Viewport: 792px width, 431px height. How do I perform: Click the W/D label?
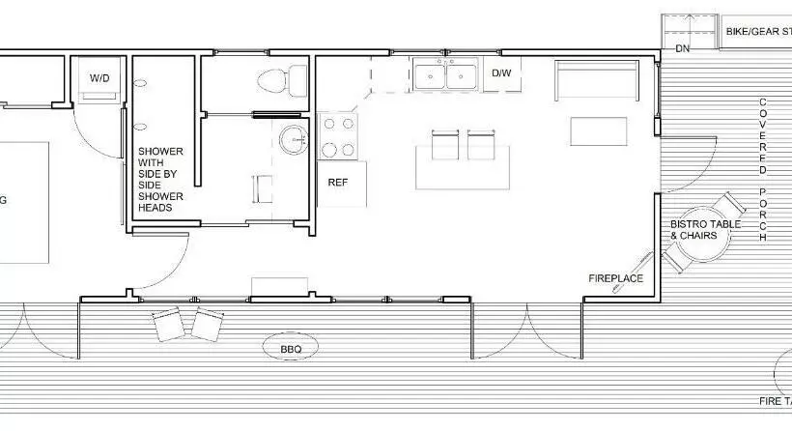pyautogui.click(x=100, y=76)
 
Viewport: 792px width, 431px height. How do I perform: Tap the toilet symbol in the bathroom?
pyautogui.click(x=275, y=77)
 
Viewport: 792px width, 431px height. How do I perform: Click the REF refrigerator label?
pyautogui.click(x=338, y=182)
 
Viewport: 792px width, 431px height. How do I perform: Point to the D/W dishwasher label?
pyautogui.click(x=501, y=72)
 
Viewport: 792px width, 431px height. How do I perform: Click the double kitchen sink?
pyautogui.click(x=446, y=74)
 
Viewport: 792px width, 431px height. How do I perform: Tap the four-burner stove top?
pyautogui.click(x=338, y=135)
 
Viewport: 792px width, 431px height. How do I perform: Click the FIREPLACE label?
pyautogui.click(x=616, y=278)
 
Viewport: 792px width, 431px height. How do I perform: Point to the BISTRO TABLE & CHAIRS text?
pyautogui.click(x=706, y=230)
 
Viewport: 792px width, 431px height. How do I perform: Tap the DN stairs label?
pyautogui.click(x=683, y=47)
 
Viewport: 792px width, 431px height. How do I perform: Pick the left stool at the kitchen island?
pyautogui.click(x=444, y=146)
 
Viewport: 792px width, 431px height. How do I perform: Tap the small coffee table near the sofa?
pyautogui.click(x=597, y=129)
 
